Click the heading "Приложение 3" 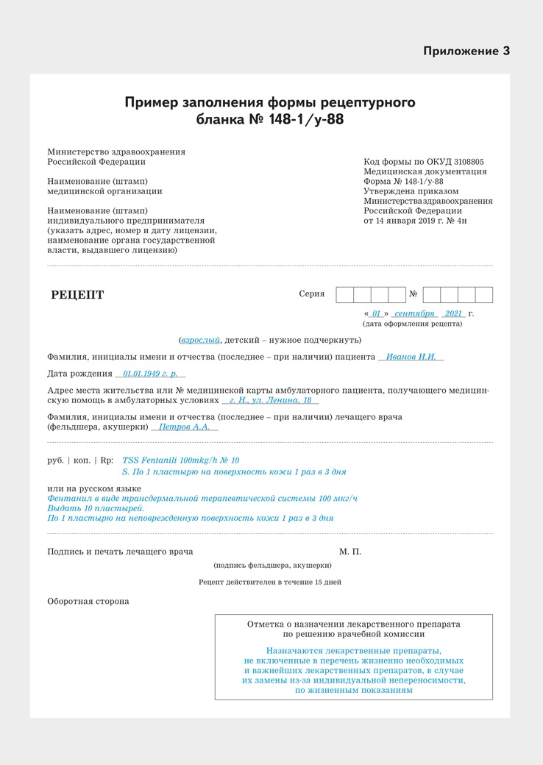pyautogui.click(x=466, y=51)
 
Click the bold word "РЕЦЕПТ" pyautogui.click(x=77, y=296)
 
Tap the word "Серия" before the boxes pyautogui.click(x=311, y=294)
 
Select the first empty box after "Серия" pyautogui.click(x=344, y=295)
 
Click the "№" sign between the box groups pyautogui.click(x=414, y=294)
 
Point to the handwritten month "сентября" pyautogui.click(x=414, y=313)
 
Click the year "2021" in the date pyautogui.click(x=453, y=313)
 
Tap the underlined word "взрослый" pyautogui.click(x=200, y=340)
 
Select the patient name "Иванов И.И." pyautogui.click(x=411, y=357)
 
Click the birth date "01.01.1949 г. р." pyautogui.click(x=150, y=374)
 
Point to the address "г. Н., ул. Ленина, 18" pyautogui.click(x=270, y=400)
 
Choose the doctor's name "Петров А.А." pyautogui.click(x=185, y=427)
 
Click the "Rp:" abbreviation pyautogui.click(x=107, y=460)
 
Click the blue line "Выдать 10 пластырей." pyautogui.click(x=96, y=508)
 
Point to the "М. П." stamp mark pyautogui.click(x=350, y=552)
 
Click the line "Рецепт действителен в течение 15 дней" pyautogui.click(x=270, y=582)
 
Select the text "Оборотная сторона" pyautogui.click(x=88, y=601)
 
